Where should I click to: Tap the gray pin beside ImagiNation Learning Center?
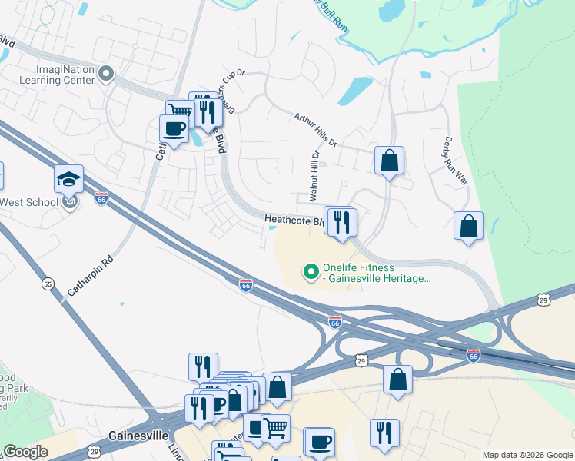[106, 75]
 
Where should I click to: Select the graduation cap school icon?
[68, 179]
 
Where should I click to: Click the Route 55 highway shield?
[48, 284]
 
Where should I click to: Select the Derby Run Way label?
[456, 161]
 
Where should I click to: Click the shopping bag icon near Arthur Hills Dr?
[390, 161]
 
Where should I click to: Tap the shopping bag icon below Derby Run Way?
[468, 227]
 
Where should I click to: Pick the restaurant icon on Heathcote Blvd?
[342, 223]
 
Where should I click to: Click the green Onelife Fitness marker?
[311, 271]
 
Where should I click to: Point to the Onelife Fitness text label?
[376, 271]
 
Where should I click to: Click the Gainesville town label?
[138, 435]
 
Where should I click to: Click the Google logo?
[25, 452]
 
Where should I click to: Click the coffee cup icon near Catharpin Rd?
[174, 128]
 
